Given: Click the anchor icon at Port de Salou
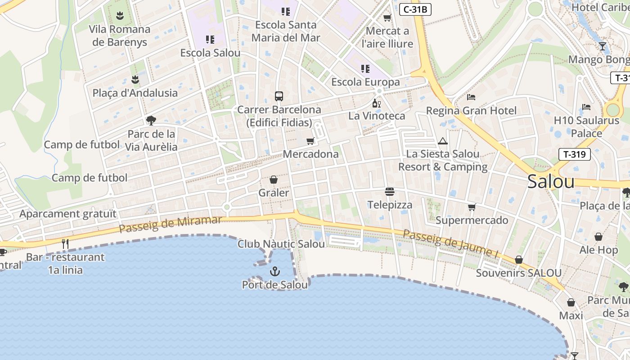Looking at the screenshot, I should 274,271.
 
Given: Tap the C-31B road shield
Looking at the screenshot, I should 415,9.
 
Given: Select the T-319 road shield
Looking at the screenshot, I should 574,154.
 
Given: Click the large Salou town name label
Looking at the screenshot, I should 551,182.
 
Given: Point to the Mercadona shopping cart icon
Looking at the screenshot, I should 310,141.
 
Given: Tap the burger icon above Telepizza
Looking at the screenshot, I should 390,192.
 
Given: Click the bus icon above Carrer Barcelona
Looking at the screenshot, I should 279,96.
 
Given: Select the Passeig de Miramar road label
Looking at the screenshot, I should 171,225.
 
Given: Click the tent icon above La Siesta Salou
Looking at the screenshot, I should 443,141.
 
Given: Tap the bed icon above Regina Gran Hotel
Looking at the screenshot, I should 471,97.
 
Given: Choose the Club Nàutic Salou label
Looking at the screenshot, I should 281,244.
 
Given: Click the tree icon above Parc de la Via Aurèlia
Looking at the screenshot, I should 151,120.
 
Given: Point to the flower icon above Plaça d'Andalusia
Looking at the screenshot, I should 135,80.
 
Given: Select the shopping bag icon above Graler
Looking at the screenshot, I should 274,180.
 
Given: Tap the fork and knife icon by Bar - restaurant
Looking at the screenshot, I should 66,244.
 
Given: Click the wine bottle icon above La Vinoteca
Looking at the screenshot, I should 377,103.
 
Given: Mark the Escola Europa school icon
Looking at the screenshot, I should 365,69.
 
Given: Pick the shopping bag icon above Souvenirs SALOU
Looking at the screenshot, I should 518,260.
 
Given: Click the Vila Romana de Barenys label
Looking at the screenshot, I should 120,36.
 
